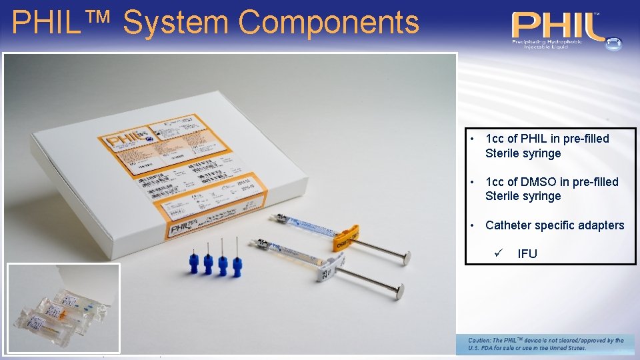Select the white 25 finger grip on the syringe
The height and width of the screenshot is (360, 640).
tap(325, 271)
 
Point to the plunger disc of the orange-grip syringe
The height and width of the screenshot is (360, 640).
tap(405, 257)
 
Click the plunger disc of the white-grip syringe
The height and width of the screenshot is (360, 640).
tap(398, 291)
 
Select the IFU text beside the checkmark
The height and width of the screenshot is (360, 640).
tap(527, 254)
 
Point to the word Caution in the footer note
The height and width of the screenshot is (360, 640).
tap(481, 341)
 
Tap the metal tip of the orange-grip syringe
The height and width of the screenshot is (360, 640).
tap(273, 217)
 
